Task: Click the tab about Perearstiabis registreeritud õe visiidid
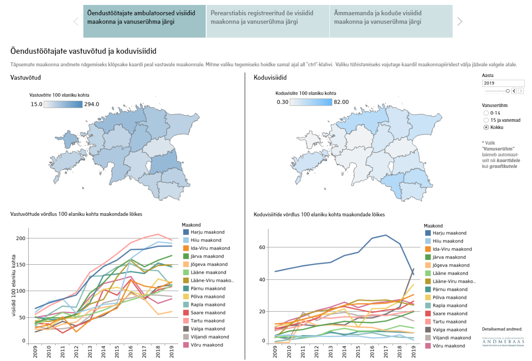268,21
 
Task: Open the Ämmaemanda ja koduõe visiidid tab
391,21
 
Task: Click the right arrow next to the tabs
459,21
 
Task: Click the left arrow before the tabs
76,21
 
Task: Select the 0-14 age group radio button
486,113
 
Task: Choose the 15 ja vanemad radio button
486,120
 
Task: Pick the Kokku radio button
486,127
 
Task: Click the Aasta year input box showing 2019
503,83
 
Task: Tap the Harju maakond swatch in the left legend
186,232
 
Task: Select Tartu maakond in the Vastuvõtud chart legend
208,321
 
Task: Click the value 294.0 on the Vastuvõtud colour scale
91,104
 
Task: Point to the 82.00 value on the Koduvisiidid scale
342,102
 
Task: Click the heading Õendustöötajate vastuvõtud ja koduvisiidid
83,51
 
